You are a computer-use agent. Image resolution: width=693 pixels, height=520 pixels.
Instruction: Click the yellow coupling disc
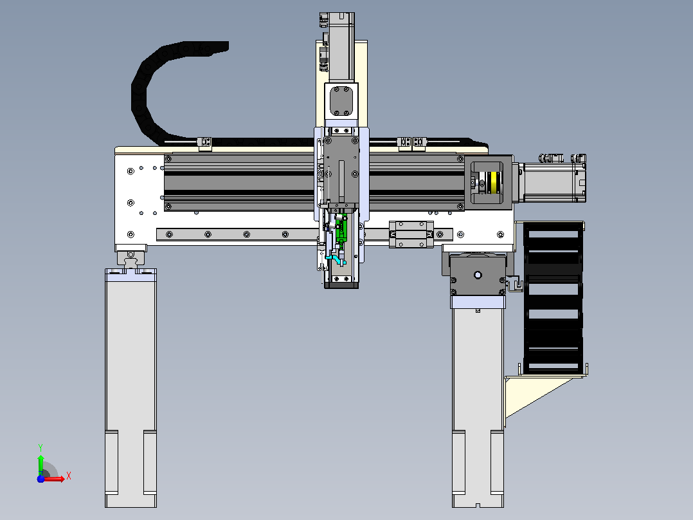pos(494,182)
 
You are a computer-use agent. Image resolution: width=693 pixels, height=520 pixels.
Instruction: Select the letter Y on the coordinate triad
pos(40,447)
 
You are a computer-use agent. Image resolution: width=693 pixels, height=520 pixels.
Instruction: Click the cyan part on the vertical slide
pos(336,257)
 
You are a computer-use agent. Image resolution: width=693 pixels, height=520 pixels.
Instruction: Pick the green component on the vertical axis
pos(341,232)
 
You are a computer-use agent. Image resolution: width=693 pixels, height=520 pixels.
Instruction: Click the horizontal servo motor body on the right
pos(552,182)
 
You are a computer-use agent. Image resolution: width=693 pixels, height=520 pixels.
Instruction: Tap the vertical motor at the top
pos(341,47)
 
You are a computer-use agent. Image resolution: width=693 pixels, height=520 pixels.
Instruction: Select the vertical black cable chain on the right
pos(553,298)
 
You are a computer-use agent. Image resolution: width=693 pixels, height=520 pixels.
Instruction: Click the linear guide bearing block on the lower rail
pos(411,234)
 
